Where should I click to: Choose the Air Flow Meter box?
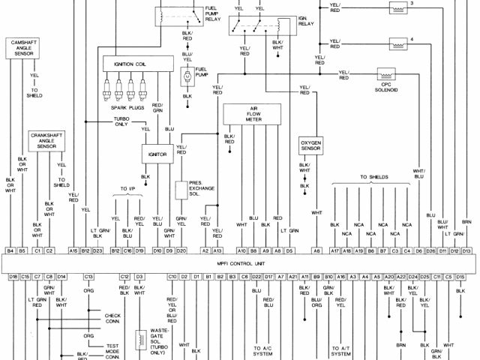253,113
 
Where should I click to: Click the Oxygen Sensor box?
310,144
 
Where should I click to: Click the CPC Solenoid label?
387,87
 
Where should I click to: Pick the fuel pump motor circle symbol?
186,76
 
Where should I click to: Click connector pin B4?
10,250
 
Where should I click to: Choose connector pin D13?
466,250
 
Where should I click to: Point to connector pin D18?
13,277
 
